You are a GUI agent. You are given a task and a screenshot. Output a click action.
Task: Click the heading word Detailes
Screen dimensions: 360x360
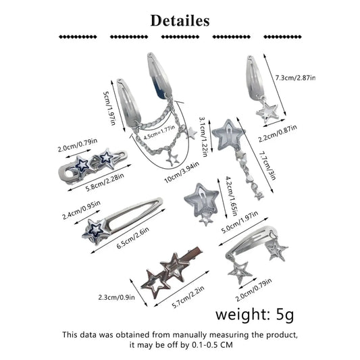coord(180,21)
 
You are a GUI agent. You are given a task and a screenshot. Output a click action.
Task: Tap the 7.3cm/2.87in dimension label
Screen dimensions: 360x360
coord(295,78)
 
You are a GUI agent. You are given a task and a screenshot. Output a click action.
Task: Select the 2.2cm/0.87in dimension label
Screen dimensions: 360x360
coord(278,134)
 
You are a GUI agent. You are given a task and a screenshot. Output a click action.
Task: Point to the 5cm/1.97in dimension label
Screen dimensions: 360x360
coord(109,108)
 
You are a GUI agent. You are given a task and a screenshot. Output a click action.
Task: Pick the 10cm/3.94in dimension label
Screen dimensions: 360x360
coord(182,172)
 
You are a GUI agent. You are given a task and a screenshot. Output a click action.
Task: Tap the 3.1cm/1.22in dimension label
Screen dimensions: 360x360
coord(203,137)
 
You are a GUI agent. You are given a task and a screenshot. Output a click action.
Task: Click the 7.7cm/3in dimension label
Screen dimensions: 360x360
coord(267,165)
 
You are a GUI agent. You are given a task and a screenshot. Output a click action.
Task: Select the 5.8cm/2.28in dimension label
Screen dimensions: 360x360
coord(105,182)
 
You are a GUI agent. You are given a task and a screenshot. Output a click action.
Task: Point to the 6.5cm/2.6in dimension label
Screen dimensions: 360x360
coord(133,238)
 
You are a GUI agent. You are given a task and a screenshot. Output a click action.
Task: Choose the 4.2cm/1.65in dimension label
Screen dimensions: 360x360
coord(231,196)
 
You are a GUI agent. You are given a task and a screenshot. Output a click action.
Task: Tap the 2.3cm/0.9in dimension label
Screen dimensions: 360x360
coord(117,297)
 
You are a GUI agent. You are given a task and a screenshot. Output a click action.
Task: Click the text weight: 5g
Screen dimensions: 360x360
coord(255,315)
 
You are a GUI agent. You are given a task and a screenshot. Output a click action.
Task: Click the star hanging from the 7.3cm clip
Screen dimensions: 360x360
coord(267,111)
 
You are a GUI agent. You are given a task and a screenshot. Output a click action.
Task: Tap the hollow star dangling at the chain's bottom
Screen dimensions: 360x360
coord(173,159)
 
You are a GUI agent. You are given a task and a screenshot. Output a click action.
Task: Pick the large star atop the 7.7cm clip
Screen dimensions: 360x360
coord(228,136)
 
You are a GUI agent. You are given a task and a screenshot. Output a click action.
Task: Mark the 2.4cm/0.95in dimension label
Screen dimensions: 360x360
coord(81,210)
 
